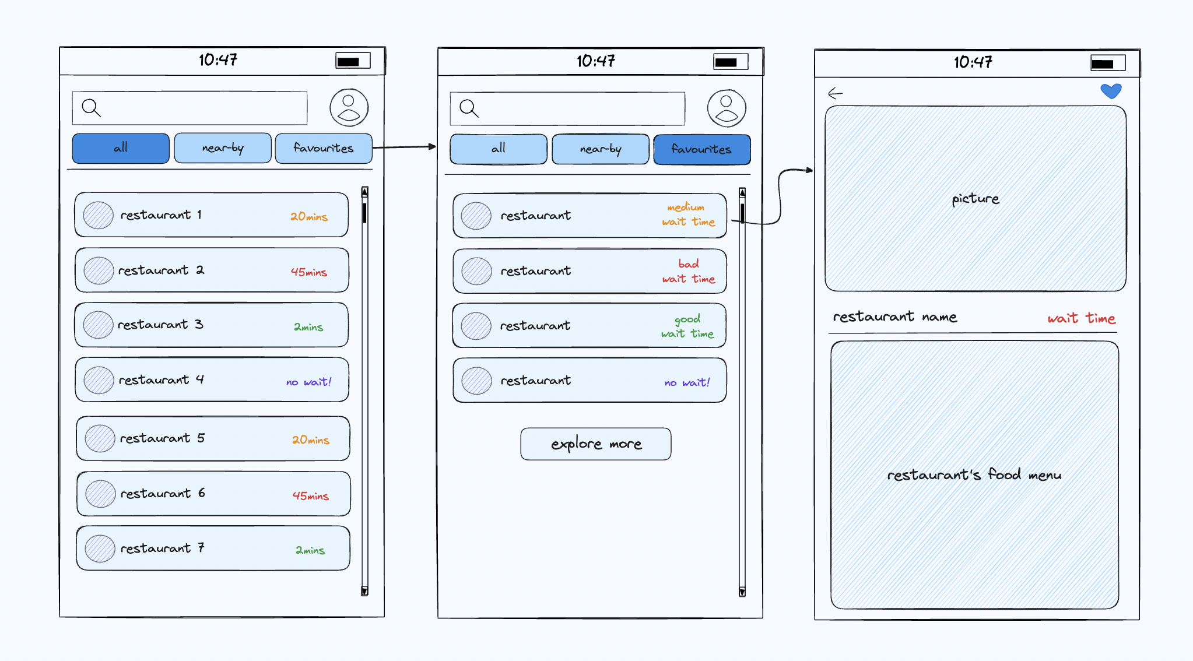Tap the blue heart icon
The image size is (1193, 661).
point(1111,91)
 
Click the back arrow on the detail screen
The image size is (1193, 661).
point(835,93)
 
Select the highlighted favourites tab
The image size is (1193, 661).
point(701,149)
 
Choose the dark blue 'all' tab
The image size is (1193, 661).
point(121,148)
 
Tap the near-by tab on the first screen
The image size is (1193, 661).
point(223,148)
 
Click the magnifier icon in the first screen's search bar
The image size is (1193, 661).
point(91,108)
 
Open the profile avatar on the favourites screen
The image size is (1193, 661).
point(727,108)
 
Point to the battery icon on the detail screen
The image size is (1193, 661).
point(1108,64)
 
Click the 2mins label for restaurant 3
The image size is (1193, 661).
point(308,327)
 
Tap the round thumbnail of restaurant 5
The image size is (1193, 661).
point(100,438)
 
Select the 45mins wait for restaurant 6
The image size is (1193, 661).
point(311,495)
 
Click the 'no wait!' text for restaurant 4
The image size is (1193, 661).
point(308,382)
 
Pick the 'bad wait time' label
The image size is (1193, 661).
point(689,271)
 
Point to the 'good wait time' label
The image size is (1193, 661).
point(687,326)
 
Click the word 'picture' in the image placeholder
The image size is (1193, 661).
point(976,199)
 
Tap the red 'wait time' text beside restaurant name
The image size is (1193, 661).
point(1082,318)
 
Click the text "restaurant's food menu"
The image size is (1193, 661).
point(974,474)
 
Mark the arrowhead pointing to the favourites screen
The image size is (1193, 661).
point(433,146)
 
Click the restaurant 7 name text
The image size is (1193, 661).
point(162,548)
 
